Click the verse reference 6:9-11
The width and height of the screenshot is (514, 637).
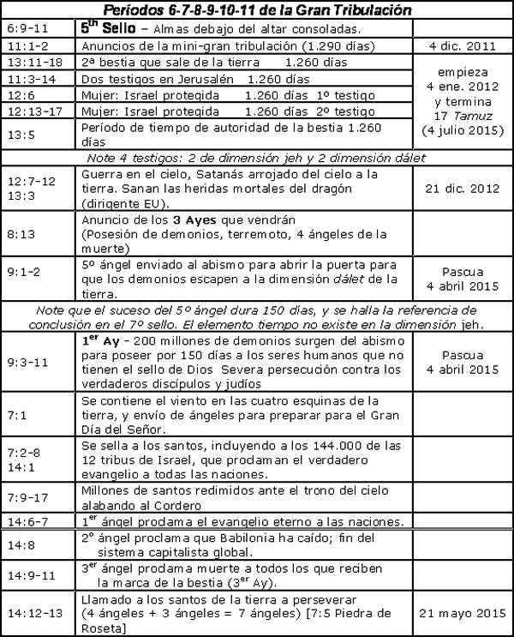pos(23,27)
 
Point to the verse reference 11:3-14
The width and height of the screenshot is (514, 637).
pos(27,77)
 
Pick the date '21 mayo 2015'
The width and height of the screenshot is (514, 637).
pos(462,614)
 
